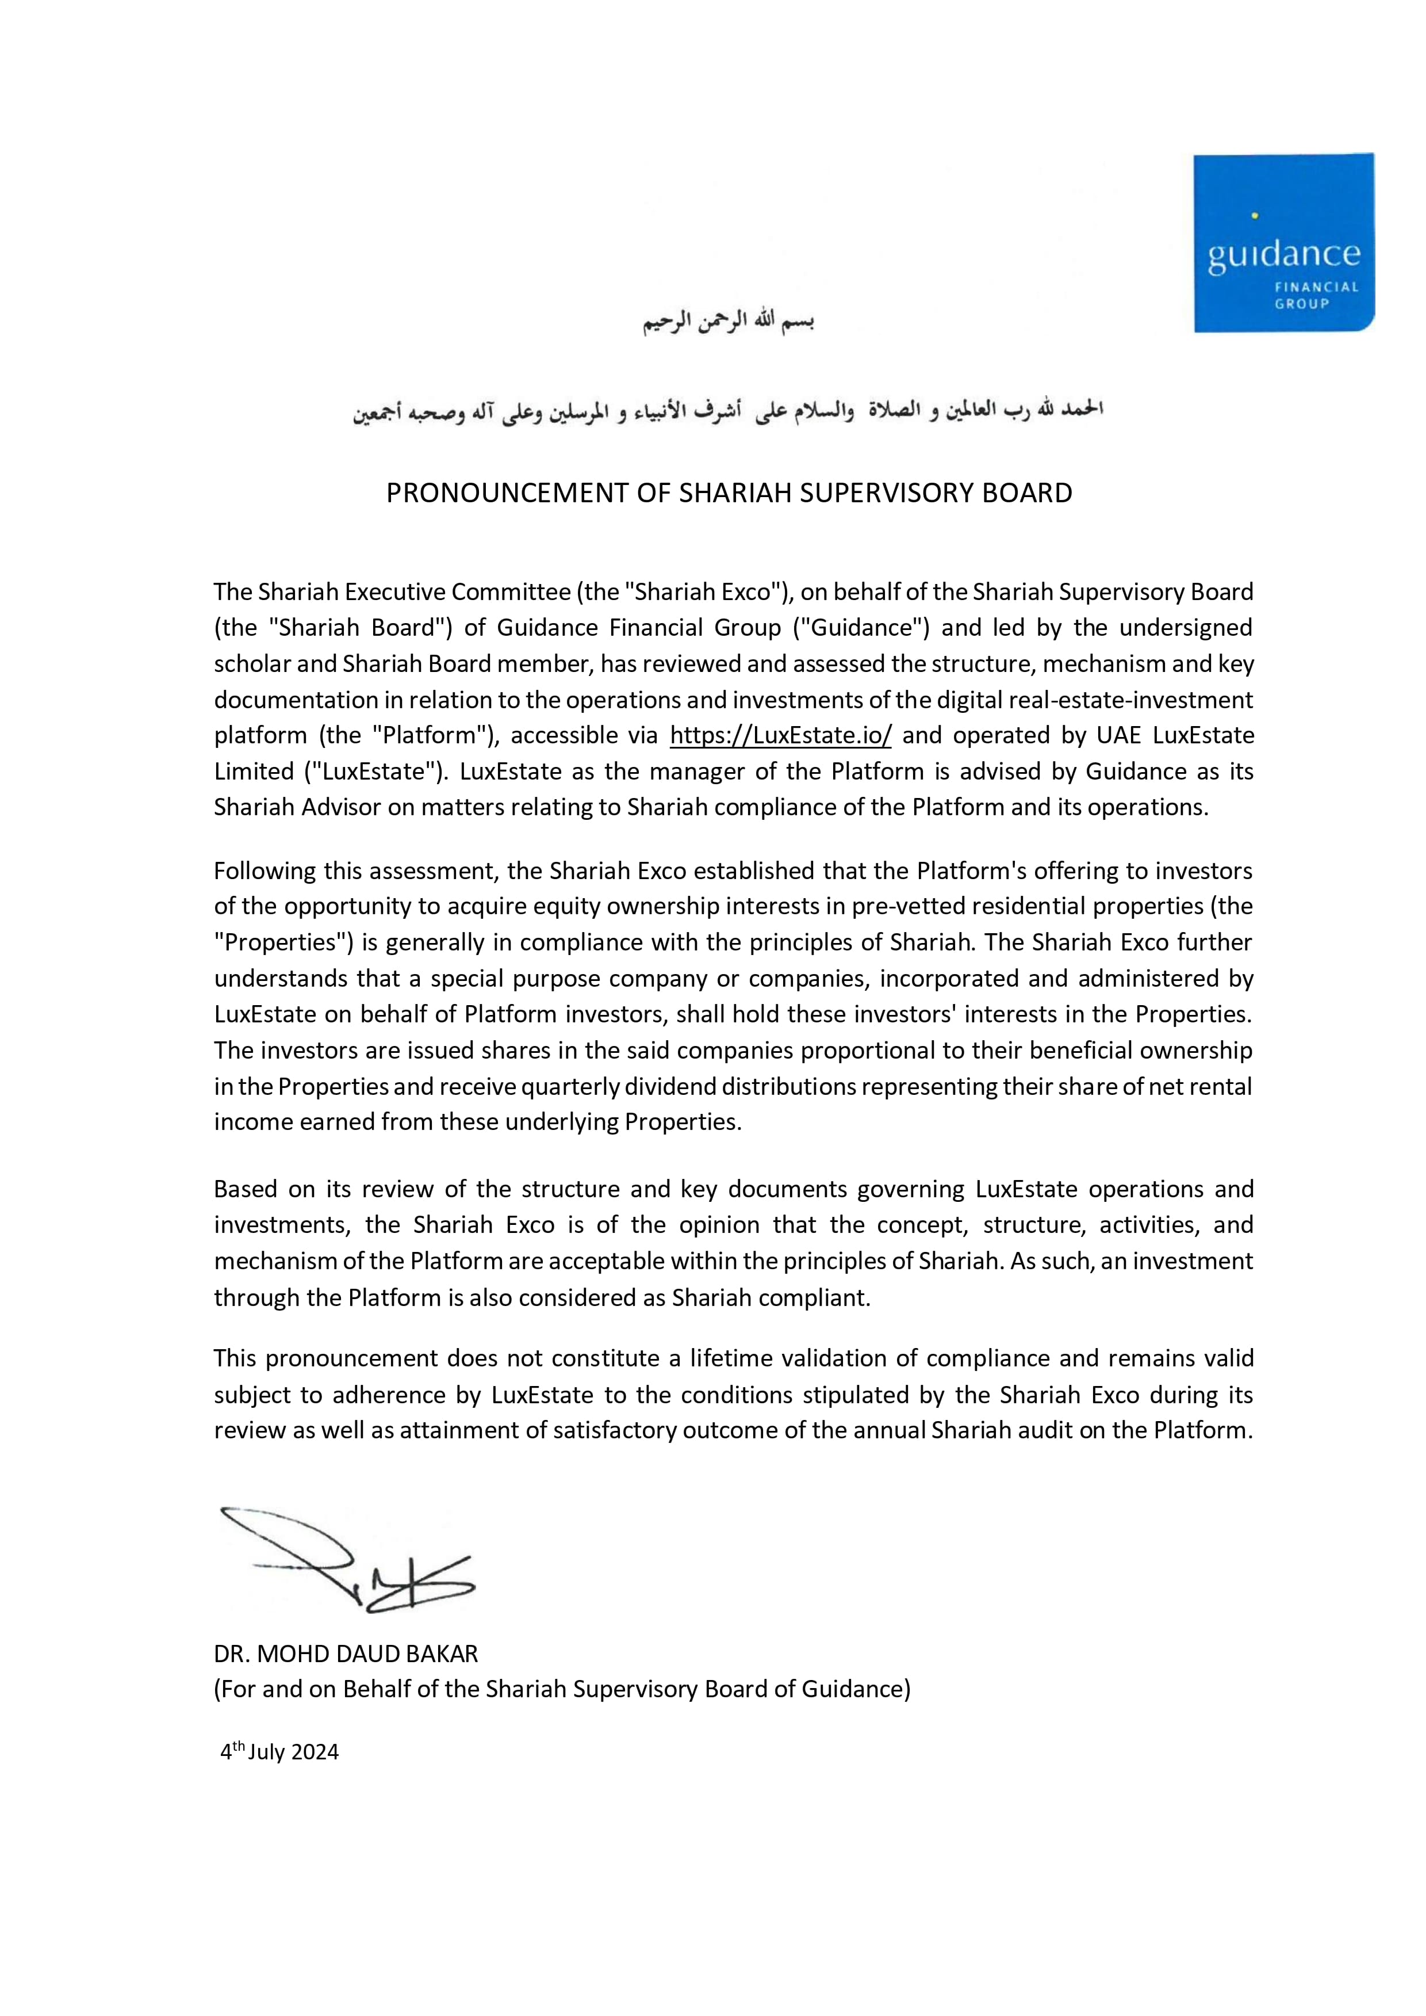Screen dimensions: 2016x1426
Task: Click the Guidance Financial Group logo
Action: coord(1284,242)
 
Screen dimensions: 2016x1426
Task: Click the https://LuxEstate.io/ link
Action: coord(781,735)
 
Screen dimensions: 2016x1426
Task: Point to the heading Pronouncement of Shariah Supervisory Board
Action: coord(729,493)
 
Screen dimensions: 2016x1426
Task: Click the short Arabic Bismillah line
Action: coord(729,322)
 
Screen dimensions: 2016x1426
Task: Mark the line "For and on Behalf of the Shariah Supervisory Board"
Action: coord(562,1689)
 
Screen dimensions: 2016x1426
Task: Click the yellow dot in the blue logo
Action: coord(1255,215)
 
